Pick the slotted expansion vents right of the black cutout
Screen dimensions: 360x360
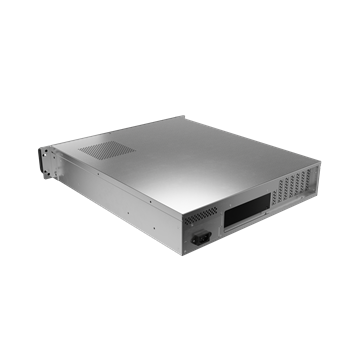[299, 184]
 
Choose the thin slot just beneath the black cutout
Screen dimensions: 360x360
[249, 228]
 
